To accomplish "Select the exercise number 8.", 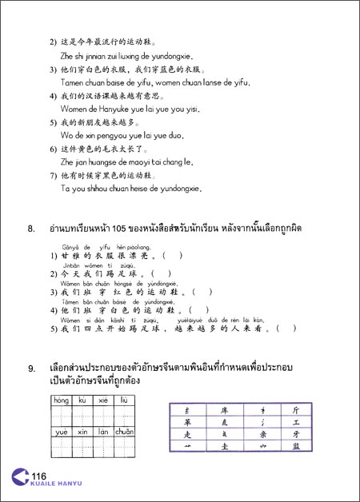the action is tap(31, 230).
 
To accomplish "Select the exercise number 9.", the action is tap(31, 369).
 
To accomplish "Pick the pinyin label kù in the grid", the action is tap(81, 398).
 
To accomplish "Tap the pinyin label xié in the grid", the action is tap(102, 398).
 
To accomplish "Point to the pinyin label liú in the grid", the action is tap(123, 398).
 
